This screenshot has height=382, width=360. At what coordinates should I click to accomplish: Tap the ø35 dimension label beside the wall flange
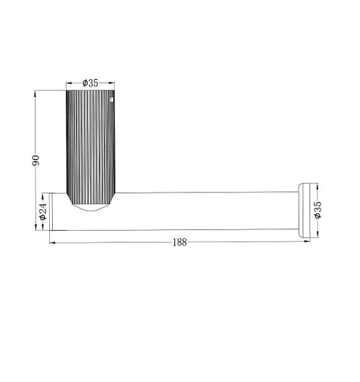tap(317, 209)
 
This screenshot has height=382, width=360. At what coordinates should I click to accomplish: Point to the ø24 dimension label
tap(43, 214)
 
